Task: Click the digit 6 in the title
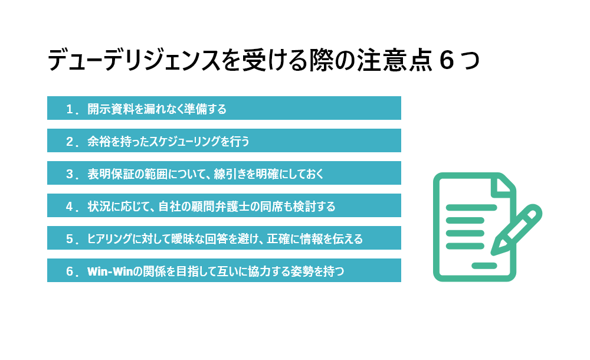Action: pyautogui.click(x=447, y=60)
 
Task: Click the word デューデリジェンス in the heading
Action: pyautogui.click(x=134, y=60)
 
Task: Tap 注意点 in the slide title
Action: pyautogui.click(x=394, y=60)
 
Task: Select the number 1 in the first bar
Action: pyautogui.click(x=70, y=109)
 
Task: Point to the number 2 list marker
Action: pyautogui.click(x=70, y=142)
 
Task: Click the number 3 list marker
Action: pyautogui.click(x=70, y=174)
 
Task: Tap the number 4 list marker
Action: pyautogui.click(x=70, y=207)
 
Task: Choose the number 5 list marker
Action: pyautogui.click(x=70, y=239)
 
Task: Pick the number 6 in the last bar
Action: pyautogui.click(x=70, y=271)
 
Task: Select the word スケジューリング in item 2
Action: pyautogui.click(x=185, y=142)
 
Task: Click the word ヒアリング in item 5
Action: pyautogui.click(x=110, y=239)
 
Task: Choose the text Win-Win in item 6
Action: pyautogui.click(x=110, y=271)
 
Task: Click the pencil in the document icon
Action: pyautogui.click(x=516, y=230)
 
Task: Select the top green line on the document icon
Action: pyautogui.click(x=471, y=208)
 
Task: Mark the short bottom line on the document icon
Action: pyautogui.click(x=484, y=266)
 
